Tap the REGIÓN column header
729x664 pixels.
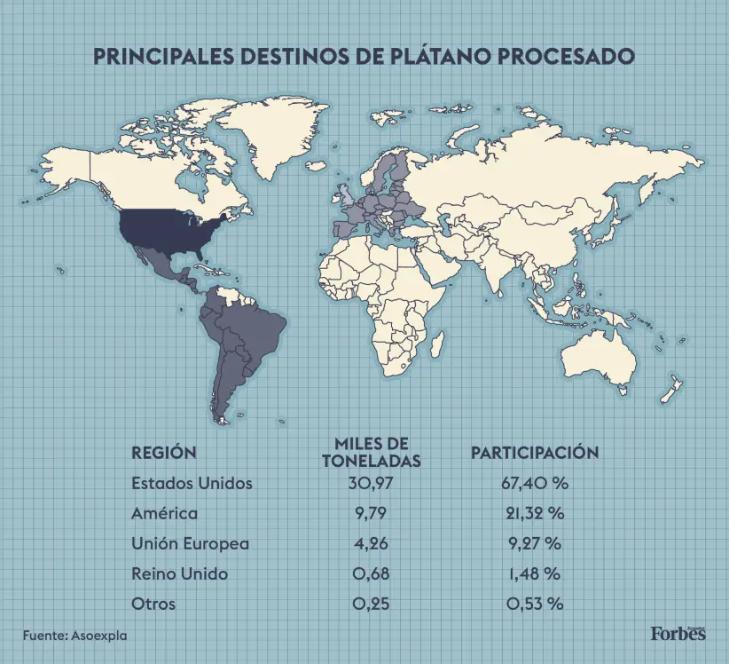point(163,453)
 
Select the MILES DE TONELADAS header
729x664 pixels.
point(371,452)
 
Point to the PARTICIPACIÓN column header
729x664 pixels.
point(534,453)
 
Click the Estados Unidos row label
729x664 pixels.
point(192,484)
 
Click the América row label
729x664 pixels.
point(164,513)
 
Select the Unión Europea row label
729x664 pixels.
point(190,543)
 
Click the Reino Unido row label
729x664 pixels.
point(179,573)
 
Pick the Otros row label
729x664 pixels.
point(153,604)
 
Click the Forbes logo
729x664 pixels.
point(678,633)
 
